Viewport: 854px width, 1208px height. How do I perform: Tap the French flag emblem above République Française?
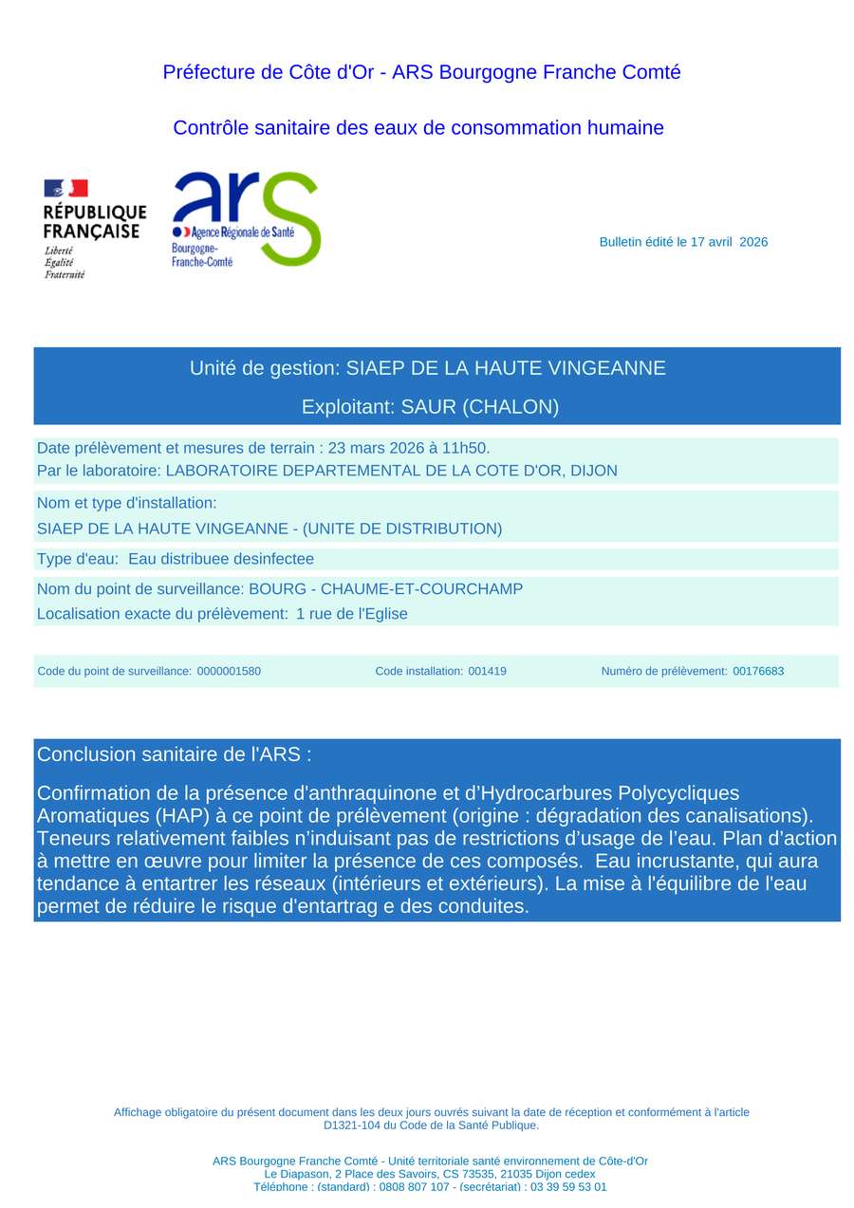(x=65, y=188)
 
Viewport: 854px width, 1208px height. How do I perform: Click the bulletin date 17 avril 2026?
(x=729, y=242)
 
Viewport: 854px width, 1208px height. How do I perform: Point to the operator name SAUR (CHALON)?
(x=480, y=407)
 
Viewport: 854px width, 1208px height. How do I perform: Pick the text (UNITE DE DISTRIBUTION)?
(x=402, y=529)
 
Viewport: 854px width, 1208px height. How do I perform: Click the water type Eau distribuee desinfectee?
(x=221, y=559)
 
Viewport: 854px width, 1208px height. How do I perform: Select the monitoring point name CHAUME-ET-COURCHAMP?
(x=421, y=589)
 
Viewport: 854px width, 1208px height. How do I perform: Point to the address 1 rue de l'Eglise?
(x=352, y=614)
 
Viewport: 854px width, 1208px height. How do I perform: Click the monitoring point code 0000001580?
(x=229, y=671)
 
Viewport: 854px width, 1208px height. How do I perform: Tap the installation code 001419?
(x=487, y=671)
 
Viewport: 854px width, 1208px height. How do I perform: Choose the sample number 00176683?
(x=758, y=671)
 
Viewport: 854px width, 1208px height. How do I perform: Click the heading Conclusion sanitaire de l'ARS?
(x=174, y=754)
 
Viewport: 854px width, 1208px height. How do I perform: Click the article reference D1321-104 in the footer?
(x=356, y=1125)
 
